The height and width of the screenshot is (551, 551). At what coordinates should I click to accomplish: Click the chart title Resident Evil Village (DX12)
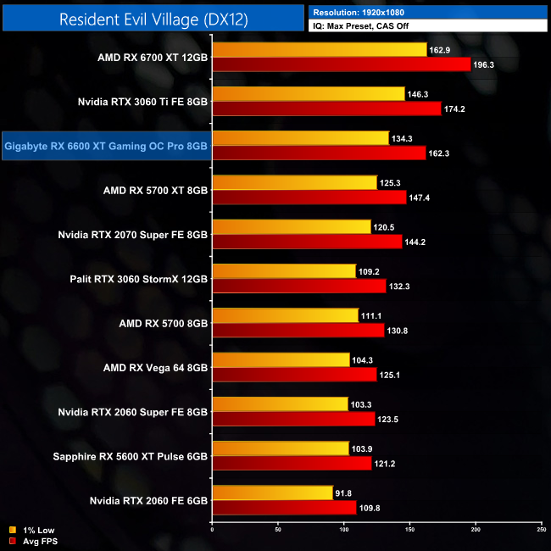pyautogui.click(x=153, y=19)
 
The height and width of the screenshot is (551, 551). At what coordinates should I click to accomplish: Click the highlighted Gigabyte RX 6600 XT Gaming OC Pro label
pyautogui.click(x=106, y=147)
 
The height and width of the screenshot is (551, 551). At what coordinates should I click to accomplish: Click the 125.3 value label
pyautogui.click(x=392, y=182)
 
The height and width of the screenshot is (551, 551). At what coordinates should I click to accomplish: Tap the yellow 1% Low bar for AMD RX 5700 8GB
pyautogui.click(x=285, y=315)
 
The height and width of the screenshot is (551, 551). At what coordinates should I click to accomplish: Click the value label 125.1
pyautogui.click(x=392, y=374)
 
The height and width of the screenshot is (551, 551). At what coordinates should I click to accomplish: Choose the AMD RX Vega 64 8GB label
pyautogui.click(x=155, y=366)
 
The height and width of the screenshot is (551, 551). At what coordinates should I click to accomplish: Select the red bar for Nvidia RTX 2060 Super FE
pyautogui.click(x=293, y=418)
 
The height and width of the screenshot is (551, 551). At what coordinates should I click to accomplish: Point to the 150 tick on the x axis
pyautogui.click(x=410, y=532)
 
